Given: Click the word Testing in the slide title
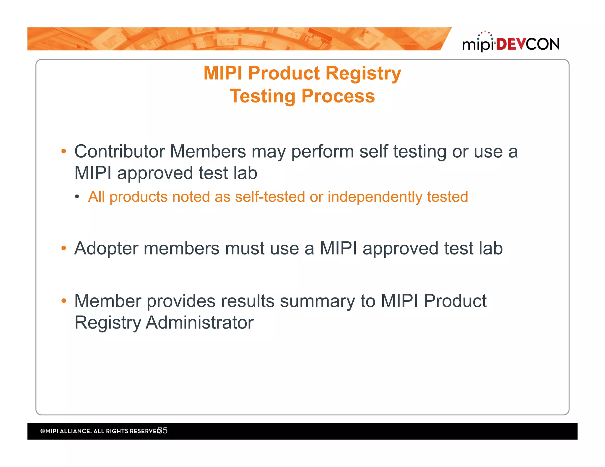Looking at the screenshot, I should (x=262, y=96).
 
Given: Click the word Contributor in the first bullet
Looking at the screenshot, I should (x=119, y=151).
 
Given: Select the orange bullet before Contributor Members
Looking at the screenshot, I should (x=64, y=152).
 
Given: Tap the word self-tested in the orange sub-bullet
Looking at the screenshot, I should (x=270, y=197).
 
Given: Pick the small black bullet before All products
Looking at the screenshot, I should (x=77, y=197).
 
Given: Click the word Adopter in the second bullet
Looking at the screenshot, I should (x=106, y=248).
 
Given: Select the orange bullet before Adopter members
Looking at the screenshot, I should (x=64, y=248).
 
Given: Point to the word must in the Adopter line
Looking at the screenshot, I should (x=245, y=248).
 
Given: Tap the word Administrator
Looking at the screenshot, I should (x=199, y=323).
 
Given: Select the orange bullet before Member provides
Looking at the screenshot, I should (x=64, y=301).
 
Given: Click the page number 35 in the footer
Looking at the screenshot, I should (x=163, y=430).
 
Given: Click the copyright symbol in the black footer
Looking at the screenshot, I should (x=43, y=431).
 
